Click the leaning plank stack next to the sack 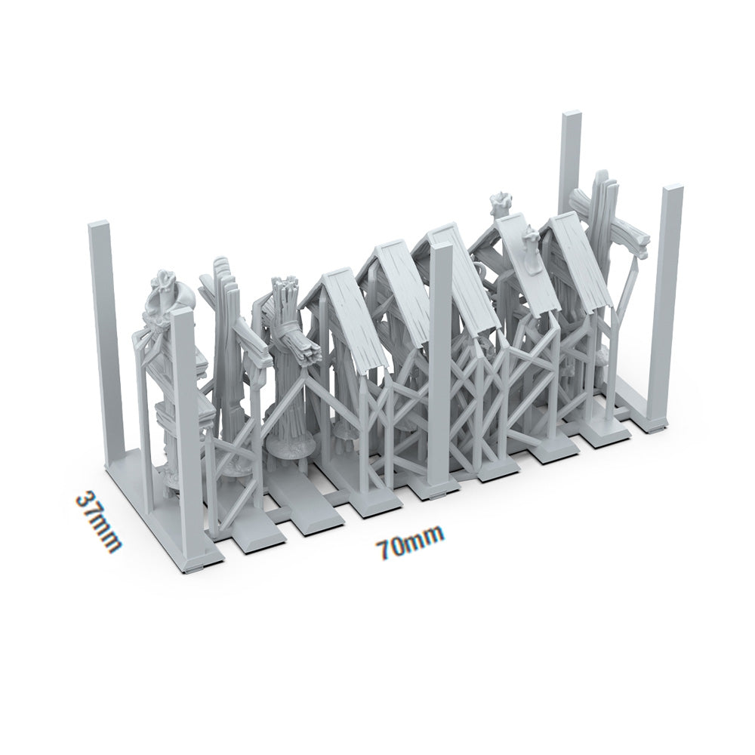tap(226, 332)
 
